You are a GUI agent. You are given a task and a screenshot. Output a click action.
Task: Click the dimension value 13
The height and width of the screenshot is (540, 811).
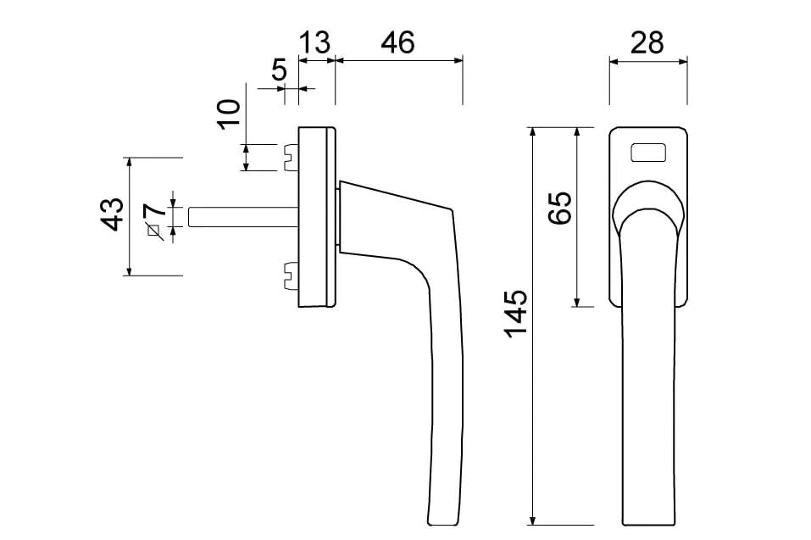point(314,42)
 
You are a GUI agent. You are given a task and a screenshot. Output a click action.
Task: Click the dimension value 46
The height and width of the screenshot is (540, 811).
point(397,42)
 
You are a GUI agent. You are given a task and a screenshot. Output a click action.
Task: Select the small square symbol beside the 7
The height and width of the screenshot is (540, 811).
point(154,230)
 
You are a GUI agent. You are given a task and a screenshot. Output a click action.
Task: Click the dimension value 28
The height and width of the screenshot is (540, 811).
point(647,42)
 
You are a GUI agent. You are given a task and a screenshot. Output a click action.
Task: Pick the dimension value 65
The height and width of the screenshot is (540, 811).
point(560,208)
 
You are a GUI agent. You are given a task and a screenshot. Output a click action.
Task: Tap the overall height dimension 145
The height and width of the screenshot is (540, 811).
point(515,314)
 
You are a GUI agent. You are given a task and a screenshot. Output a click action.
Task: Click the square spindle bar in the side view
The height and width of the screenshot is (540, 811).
point(242,216)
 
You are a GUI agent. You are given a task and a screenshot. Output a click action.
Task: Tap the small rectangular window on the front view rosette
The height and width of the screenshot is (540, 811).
point(647,153)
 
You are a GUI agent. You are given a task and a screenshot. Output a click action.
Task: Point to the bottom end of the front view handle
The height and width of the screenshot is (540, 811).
point(648,519)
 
